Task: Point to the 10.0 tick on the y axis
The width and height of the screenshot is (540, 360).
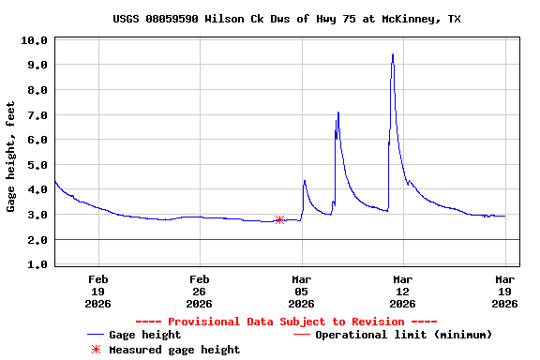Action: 34,40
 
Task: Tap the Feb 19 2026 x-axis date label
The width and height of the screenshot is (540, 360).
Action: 98,291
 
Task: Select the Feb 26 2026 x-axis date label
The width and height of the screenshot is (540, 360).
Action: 200,291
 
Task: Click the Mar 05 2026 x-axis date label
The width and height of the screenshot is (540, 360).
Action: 301,291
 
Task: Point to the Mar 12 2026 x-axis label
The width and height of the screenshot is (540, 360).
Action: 402,291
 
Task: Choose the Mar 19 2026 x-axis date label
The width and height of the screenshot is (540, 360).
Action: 504,291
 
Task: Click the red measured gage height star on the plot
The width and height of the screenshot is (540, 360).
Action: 279,219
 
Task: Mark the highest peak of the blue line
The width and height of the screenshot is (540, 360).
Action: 393,54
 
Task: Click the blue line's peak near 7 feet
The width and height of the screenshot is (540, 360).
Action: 338,112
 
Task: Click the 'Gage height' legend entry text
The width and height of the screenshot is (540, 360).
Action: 145,335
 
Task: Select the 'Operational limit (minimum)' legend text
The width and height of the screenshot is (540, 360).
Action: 403,335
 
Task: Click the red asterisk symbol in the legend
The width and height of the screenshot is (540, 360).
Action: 95,350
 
